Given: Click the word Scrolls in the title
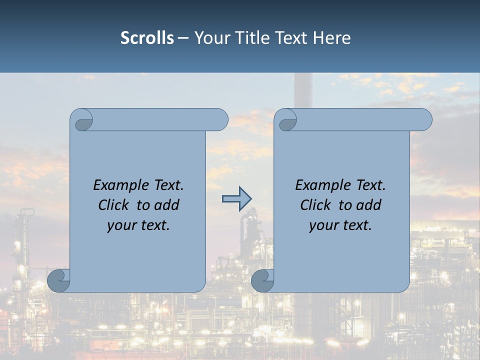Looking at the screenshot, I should [147, 38].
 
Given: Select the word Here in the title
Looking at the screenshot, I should [331, 38].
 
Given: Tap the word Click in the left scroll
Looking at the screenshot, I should [114, 205].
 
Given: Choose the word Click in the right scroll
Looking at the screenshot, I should [316, 205].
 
